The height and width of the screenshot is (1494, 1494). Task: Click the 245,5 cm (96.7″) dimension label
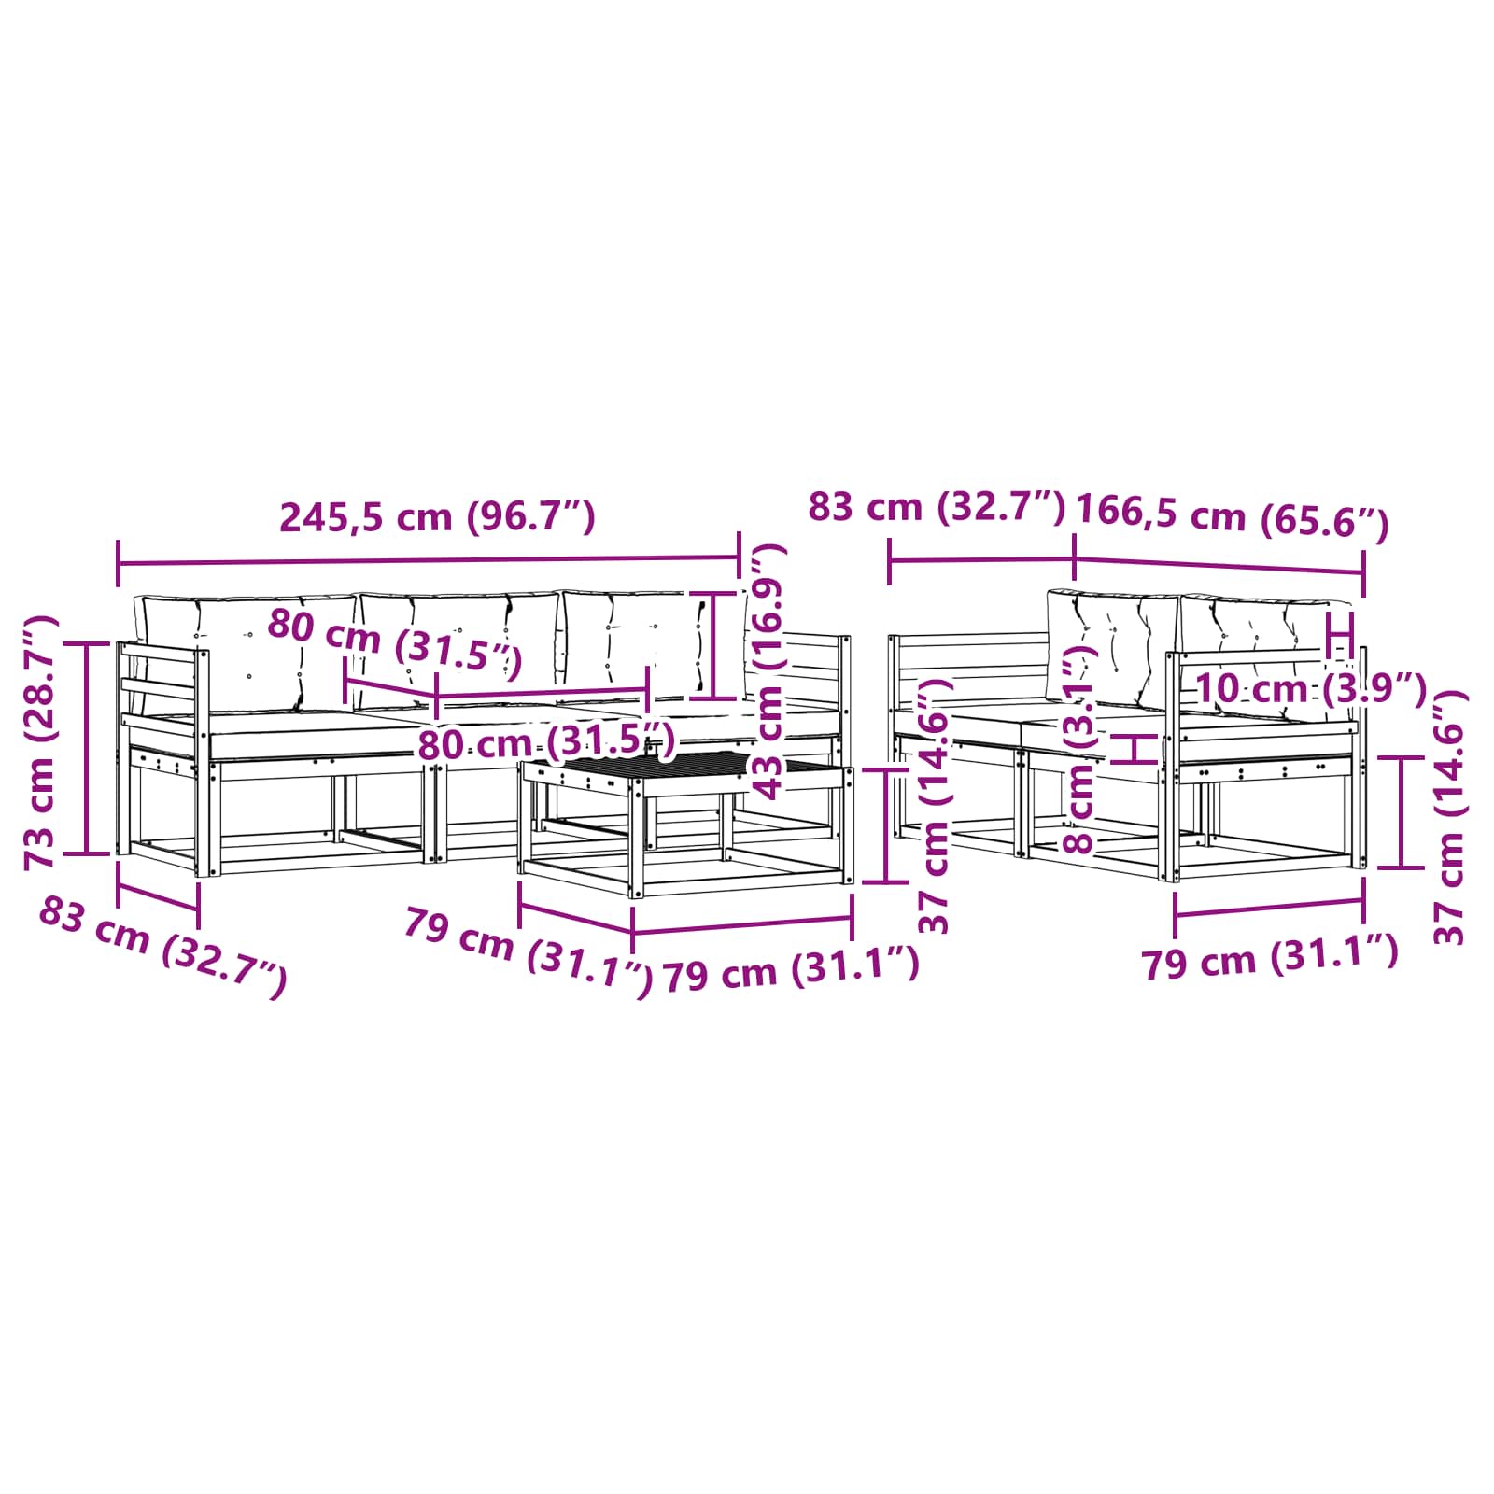[x=438, y=516]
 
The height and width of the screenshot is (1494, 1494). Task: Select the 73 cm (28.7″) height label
[x=42, y=742]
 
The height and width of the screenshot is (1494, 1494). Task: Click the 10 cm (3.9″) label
[x=1311, y=689]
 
